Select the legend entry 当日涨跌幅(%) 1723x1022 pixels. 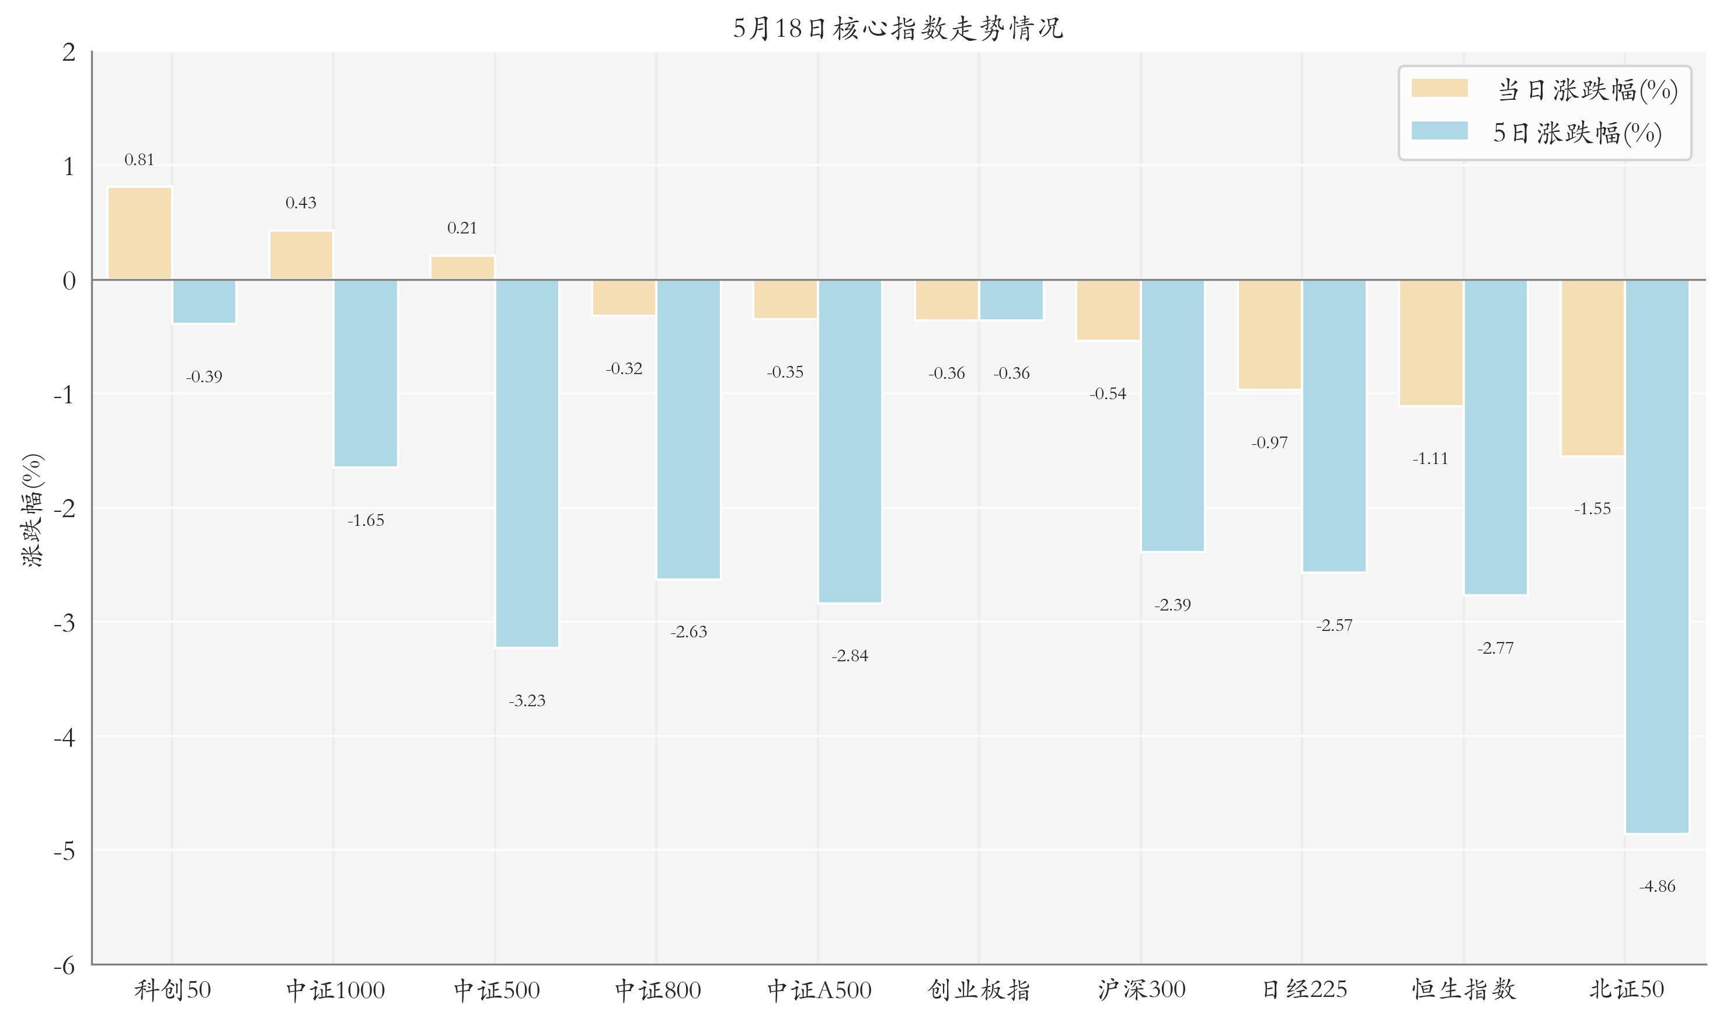1544,89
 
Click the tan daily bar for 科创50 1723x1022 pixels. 140,233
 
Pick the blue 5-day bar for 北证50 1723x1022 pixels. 1657,556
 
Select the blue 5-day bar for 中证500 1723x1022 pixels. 527,463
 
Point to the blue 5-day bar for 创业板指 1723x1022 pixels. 1011,299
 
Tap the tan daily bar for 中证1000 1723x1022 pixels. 301,255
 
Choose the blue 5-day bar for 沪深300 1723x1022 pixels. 1172,415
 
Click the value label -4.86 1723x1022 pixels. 1657,887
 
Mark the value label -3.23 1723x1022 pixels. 527,701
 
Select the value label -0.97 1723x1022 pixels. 1270,443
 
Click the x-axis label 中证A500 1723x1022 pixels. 819,990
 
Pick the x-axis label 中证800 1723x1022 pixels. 657,990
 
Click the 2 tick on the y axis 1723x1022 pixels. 69,51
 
